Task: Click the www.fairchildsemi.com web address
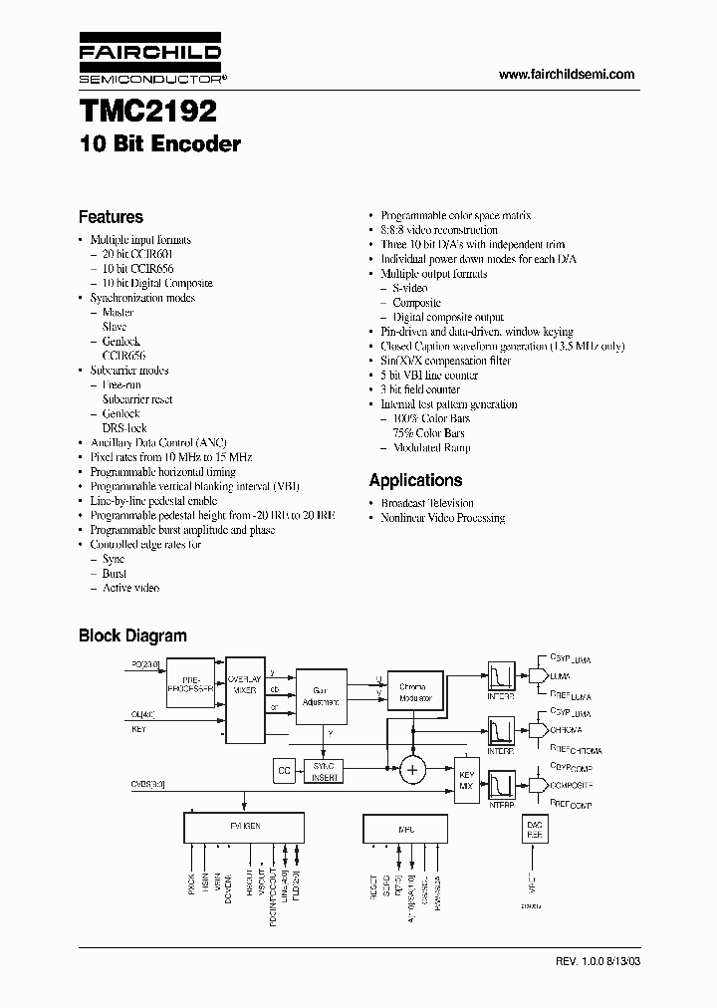(x=566, y=75)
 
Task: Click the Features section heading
(x=111, y=217)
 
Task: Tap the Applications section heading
(x=415, y=480)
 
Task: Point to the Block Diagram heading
(x=132, y=635)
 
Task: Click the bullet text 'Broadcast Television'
(x=427, y=503)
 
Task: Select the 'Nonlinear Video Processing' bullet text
(x=442, y=518)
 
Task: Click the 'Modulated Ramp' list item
(x=432, y=447)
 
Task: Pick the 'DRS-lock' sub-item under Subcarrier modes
(x=124, y=427)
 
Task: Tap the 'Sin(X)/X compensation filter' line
(x=445, y=361)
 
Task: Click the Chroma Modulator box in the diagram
(x=412, y=693)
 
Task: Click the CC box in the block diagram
(x=284, y=769)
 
